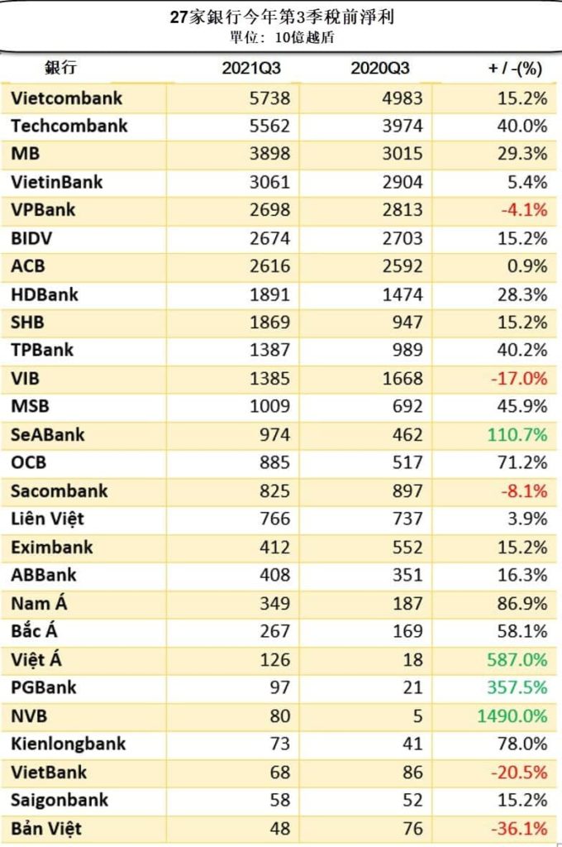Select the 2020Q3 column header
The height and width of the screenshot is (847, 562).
pyautogui.click(x=379, y=68)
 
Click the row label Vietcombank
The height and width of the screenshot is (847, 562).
pyautogui.click(x=67, y=98)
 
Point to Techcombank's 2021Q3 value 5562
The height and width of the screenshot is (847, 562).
pyautogui.click(x=269, y=127)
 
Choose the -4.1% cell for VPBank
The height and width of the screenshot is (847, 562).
pyautogui.click(x=523, y=210)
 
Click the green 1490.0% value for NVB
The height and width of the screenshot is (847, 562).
pyautogui.click(x=512, y=715)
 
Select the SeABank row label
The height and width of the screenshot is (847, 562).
pyautogui.click(x=48, y=434)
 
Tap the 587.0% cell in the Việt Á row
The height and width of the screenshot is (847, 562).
pyautogui.click(x=518, y=659)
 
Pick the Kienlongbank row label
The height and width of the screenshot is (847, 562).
pyautogui.click(x=69, y=744)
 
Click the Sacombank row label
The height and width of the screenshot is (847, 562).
pyautogui.click(x=60, y=490)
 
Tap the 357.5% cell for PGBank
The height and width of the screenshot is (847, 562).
pyautogui.click(x=518, y=687)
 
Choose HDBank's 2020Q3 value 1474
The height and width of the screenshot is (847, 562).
pyautogui.click(x=402, y=294)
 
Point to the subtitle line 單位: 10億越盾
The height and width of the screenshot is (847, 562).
pyautogui.click(x=282, y=37)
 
